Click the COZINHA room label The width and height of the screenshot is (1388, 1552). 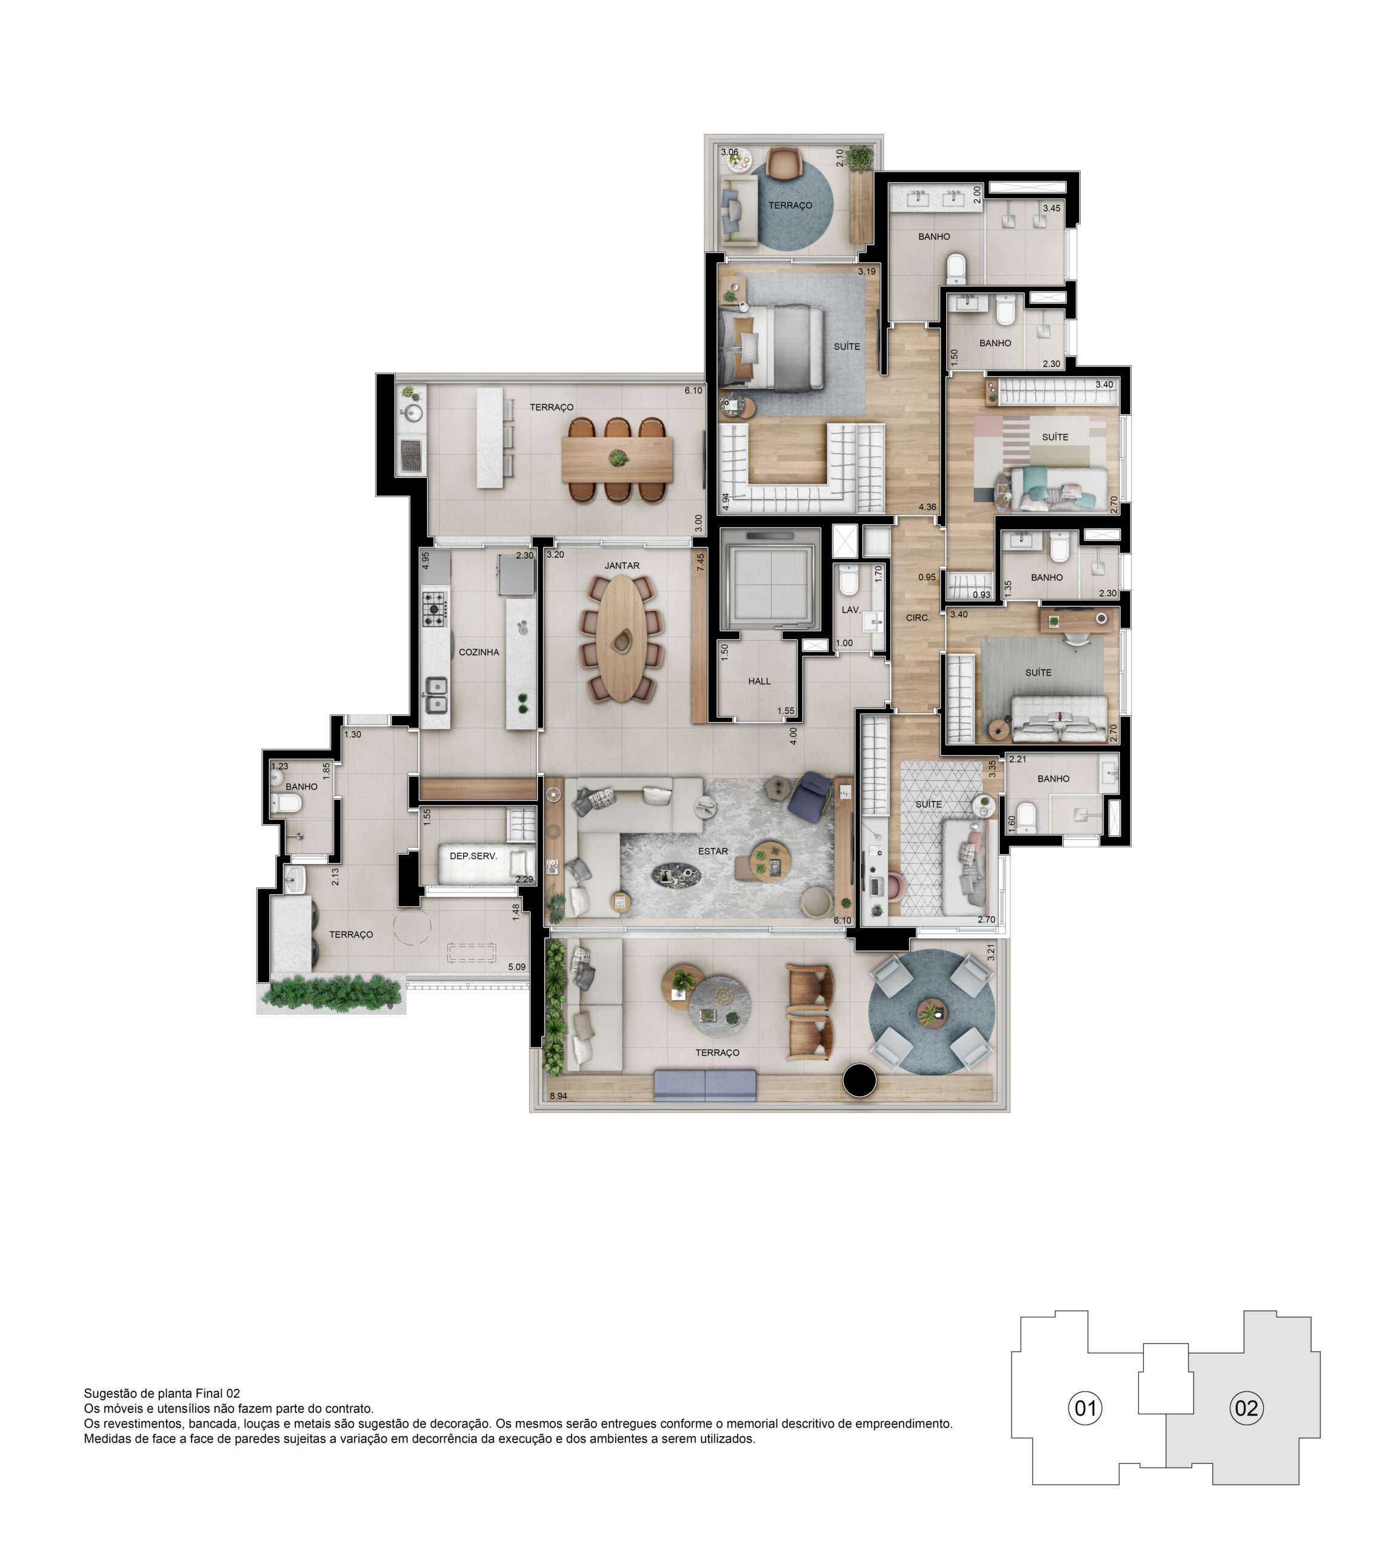[479, 652]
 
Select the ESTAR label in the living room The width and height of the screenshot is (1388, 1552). [713, 851]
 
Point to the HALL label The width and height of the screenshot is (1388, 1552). [759, 681]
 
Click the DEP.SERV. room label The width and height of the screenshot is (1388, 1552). [473, 855]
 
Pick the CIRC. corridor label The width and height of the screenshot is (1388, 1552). [918, 618]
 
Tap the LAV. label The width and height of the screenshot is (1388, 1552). [851, 610]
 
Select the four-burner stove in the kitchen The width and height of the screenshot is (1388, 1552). [435, 609]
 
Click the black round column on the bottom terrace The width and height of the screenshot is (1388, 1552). [860, 1079]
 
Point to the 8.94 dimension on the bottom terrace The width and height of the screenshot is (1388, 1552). [558, 1097]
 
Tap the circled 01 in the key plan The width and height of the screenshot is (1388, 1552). [1085, 1407]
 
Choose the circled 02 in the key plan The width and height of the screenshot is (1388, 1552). [1246, 1407]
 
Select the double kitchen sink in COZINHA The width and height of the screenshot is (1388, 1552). [435, 694]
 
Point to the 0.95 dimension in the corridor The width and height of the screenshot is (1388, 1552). [927, 577]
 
